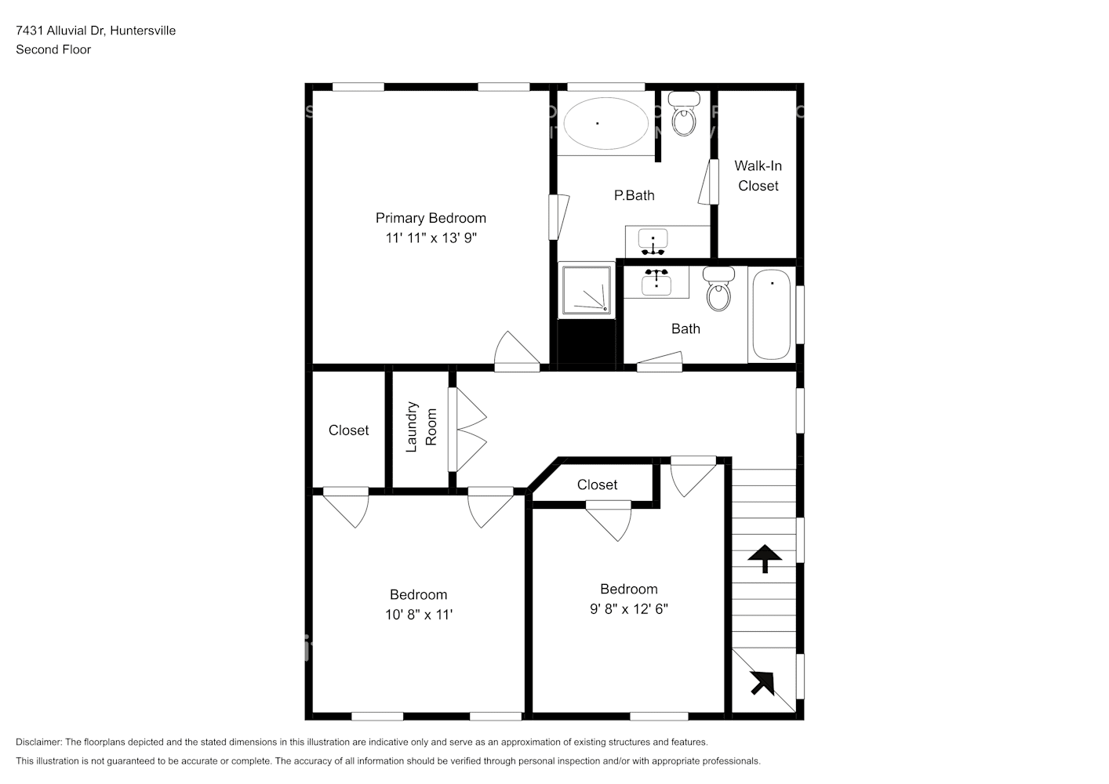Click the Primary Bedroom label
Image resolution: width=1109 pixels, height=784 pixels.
click(431, 218)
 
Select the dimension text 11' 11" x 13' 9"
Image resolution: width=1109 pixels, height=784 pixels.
click(431, 238)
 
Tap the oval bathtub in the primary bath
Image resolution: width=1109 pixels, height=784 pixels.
click(605, 123)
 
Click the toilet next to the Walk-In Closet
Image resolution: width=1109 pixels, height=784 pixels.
click(685, 114)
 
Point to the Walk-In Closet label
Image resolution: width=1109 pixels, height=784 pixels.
click(758, 176)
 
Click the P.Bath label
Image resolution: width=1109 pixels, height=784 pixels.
click(634, 195)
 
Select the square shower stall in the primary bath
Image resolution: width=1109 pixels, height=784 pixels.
click(586, 290)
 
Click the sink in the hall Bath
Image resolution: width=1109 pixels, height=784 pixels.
click(656, 281)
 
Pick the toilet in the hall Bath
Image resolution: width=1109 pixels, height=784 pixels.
click(718, 289)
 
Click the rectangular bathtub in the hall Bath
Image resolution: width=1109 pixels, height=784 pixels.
click(772, 314)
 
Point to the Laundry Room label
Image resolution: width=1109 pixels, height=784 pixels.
click(420, 427)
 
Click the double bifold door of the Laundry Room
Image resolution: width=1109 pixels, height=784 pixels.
click(468, 430)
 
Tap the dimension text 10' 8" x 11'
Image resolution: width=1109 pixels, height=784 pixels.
click(419, 615)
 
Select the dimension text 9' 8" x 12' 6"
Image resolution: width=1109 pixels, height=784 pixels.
click(629, 609)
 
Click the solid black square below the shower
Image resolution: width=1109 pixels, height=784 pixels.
click(586, 342)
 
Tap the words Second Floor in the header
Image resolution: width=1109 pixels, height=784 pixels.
click(53, 49)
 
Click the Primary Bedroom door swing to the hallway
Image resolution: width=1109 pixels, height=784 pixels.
click(515, 352)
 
